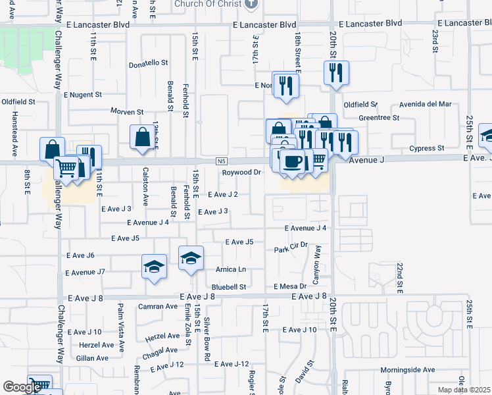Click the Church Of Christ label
[209, 5]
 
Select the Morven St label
[127, 111]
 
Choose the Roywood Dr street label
[241, 172]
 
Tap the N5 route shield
[221, 161]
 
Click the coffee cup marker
[292, 161]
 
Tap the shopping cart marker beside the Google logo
[39, 384]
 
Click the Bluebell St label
[228, 287]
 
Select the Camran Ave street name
[158, 307]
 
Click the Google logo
[22, 387]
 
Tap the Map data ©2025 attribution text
[464, 390]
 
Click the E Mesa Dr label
[290, 286]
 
